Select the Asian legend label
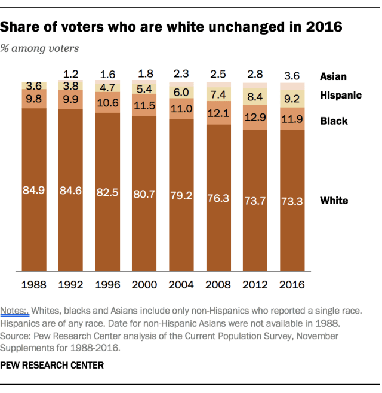pyautogui.click(x=333, y=76)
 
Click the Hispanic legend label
pyautogui.click(x=341, y=95)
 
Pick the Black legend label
pyautogui.click(x=334, y=121)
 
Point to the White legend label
pyautogui.click(x=334, y=200)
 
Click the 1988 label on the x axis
pyautogui.click(x=34, y=284)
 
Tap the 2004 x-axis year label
pyautogui.click(x=181, y=284)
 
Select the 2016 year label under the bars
pyautogui.click(x=292, y=284)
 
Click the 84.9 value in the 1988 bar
pyautogui.click(x=34, y=192)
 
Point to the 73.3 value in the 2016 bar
pyautogui.click(x=292, y=201)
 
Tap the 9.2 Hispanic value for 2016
pyautogui.click(x=292, y=99)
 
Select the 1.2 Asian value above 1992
pyautogui.click(x=71, y=74)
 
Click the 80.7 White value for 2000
pyautogui.click(x=145, y=194)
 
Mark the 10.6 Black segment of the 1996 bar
pyautogui.click(x=108, y=105)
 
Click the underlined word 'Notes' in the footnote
pyautogui.click(x=15, y=311)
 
